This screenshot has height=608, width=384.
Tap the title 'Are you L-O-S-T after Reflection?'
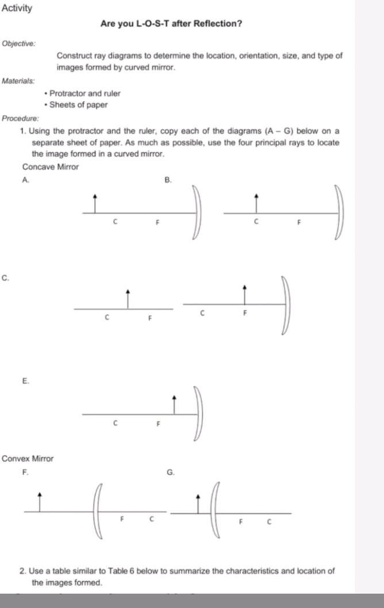[x=171, y=24]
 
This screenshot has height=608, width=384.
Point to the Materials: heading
[x=18, y=81]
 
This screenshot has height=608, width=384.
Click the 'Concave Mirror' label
[x=50, y=167]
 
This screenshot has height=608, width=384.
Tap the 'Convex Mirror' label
[x=28, y=459]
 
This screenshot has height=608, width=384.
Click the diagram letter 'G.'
[x=170, y=473]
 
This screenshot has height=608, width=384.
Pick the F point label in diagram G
[x=241, y=522]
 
